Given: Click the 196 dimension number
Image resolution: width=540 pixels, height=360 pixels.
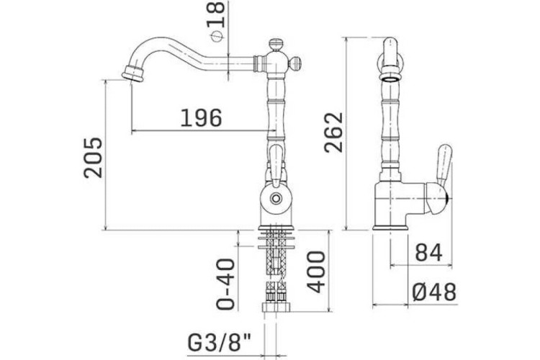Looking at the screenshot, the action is (x=202, y=118).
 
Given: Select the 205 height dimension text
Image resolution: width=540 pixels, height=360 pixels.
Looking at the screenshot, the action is (x=94, y=158).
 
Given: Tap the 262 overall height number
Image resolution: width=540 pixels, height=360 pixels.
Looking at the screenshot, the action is (x=333, y=132).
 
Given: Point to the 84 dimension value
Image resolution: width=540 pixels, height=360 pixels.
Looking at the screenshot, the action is (x=429, y=253).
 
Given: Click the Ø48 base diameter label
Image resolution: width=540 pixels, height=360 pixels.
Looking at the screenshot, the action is (x=434, y=292).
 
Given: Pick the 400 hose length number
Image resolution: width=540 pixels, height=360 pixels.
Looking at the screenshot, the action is (x=316, y=272).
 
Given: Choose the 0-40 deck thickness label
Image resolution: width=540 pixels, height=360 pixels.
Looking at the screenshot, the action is (x=225, y=284).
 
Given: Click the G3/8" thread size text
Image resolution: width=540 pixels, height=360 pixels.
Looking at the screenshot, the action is (x=220, y=343).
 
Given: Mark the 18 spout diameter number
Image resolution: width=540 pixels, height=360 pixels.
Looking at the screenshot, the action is (x=216, y=14).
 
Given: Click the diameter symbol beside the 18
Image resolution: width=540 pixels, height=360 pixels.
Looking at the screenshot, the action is (x=217, y=36).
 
